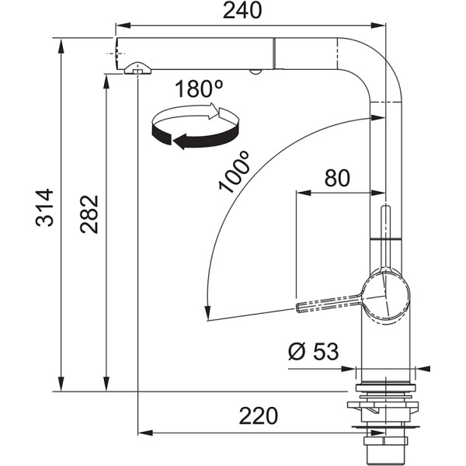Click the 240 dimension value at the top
(241, 11)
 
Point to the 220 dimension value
(258, 416)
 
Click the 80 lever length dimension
(336, 178)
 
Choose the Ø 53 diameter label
(313, 352)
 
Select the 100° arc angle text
(234, 172)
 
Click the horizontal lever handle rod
(326, 304)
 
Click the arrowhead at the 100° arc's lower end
(206, 314)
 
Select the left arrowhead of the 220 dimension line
(143, 432)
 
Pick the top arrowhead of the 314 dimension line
(61, 42)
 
